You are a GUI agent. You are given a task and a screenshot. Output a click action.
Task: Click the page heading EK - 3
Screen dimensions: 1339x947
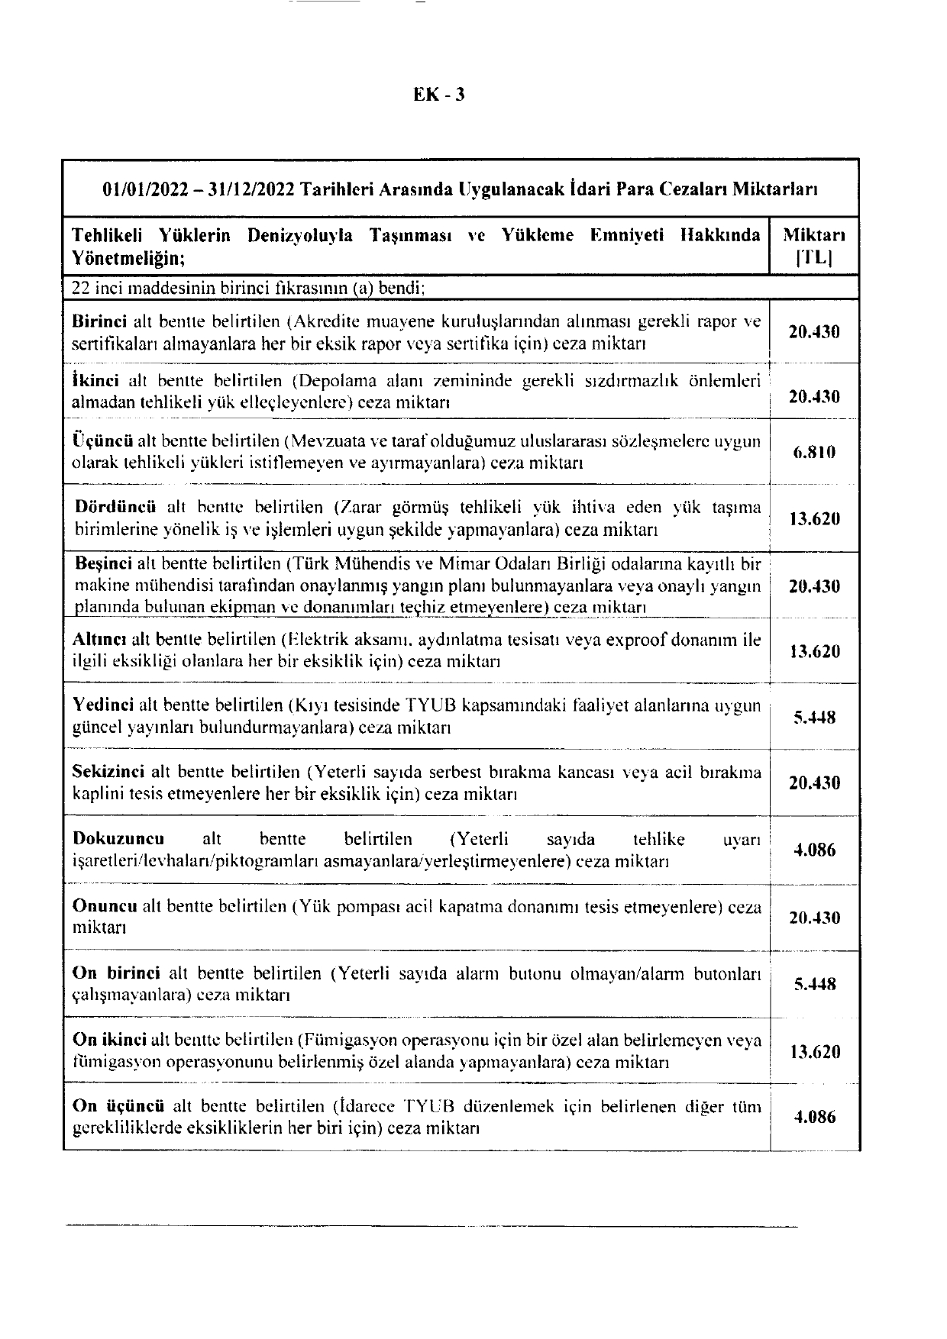(x=439, y=95)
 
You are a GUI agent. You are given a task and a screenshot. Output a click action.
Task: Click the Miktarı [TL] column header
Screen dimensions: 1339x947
(x=814, y=246)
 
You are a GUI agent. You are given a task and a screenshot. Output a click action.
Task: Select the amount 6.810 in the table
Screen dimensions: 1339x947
(x=814, y=452)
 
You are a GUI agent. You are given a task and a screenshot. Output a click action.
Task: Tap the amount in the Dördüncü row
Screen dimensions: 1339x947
(x=814, y=519)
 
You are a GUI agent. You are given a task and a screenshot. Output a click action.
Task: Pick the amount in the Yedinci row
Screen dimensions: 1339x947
(x=814, y=718)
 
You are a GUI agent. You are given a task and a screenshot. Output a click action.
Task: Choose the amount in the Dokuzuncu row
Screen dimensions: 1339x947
(x=814, y=850)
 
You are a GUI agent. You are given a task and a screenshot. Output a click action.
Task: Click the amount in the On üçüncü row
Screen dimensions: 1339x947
(x=814, y=1118)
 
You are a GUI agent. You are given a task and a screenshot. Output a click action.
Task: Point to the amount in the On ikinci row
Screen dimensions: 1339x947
(x=814, y=1052)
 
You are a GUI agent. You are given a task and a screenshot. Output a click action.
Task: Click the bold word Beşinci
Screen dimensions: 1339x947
(x=105, y=564)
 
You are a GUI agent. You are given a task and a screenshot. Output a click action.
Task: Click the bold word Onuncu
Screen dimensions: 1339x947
(x=104, y=906)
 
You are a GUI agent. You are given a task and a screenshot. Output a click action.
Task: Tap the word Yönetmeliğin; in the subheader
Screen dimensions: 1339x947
(x=128, y=258)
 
